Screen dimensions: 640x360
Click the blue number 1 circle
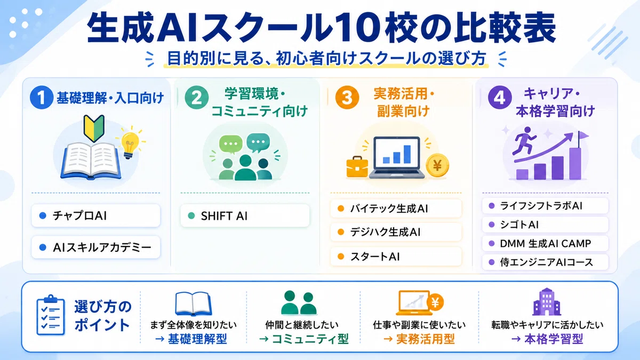click(x=42, y=98)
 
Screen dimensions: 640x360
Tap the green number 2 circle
click(x=197, y=98)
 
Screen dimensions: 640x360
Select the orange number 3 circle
click(x=347, y=98)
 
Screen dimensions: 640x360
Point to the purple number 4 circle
click(x=500, y=98)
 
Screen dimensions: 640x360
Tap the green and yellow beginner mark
click(x=94, y=129)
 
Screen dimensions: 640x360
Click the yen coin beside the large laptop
click(x=437, y=166)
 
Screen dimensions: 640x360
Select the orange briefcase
click(x=357, y=166)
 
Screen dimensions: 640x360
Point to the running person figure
click(x=524, y=141)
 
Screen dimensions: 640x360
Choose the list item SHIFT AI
click(x=245, y=215)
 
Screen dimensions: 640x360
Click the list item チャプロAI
click(x=95, y=215)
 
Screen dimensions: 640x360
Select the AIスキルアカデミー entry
click(x=95, y=247)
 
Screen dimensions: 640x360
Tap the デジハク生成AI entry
click(x=396, y=232)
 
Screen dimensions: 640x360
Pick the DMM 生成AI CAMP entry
click(x=545, y=243)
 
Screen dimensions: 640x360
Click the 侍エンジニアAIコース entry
click(x=545, y=262)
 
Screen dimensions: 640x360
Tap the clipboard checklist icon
click(x=51, y=315)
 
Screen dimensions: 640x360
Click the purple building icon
click(x=547, y=302)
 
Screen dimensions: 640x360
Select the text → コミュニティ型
click(x=303, y=339)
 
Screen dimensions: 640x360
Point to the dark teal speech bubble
click(x=258, y=142)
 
